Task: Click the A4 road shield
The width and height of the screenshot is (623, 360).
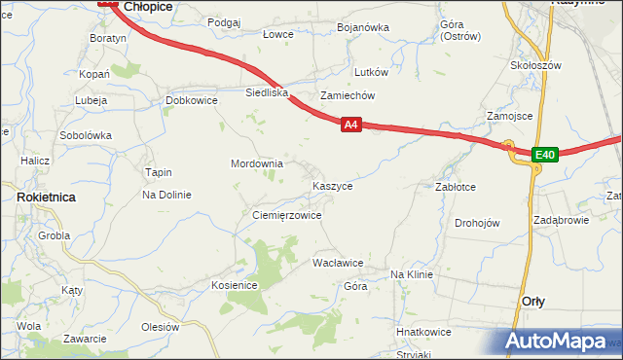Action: tap(352, 125)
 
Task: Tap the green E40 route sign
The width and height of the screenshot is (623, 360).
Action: tap(544, 155)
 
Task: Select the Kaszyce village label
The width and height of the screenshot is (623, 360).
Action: tap(332, 185)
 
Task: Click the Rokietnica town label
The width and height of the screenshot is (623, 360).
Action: tap(47, 197)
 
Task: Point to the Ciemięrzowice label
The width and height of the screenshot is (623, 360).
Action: tap(286, 215)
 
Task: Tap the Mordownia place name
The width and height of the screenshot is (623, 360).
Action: tap(256, 163)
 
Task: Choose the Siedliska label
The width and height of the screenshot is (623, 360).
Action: tap(267, 93)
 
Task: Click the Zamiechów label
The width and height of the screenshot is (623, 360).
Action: tap(348, 96)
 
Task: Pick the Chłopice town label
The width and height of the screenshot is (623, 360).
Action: tap(148, 6)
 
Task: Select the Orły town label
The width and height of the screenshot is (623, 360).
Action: tap(532, 302)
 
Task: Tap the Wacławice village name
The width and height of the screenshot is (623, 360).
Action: tap(337, 263)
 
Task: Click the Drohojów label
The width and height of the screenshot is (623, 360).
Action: tap(477, 223)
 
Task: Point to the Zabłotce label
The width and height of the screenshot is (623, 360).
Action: tap(455, 187)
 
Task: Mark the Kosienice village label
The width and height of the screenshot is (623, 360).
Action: tap(234, 285)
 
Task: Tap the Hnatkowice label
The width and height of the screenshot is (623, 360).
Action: tap(423, 332)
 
